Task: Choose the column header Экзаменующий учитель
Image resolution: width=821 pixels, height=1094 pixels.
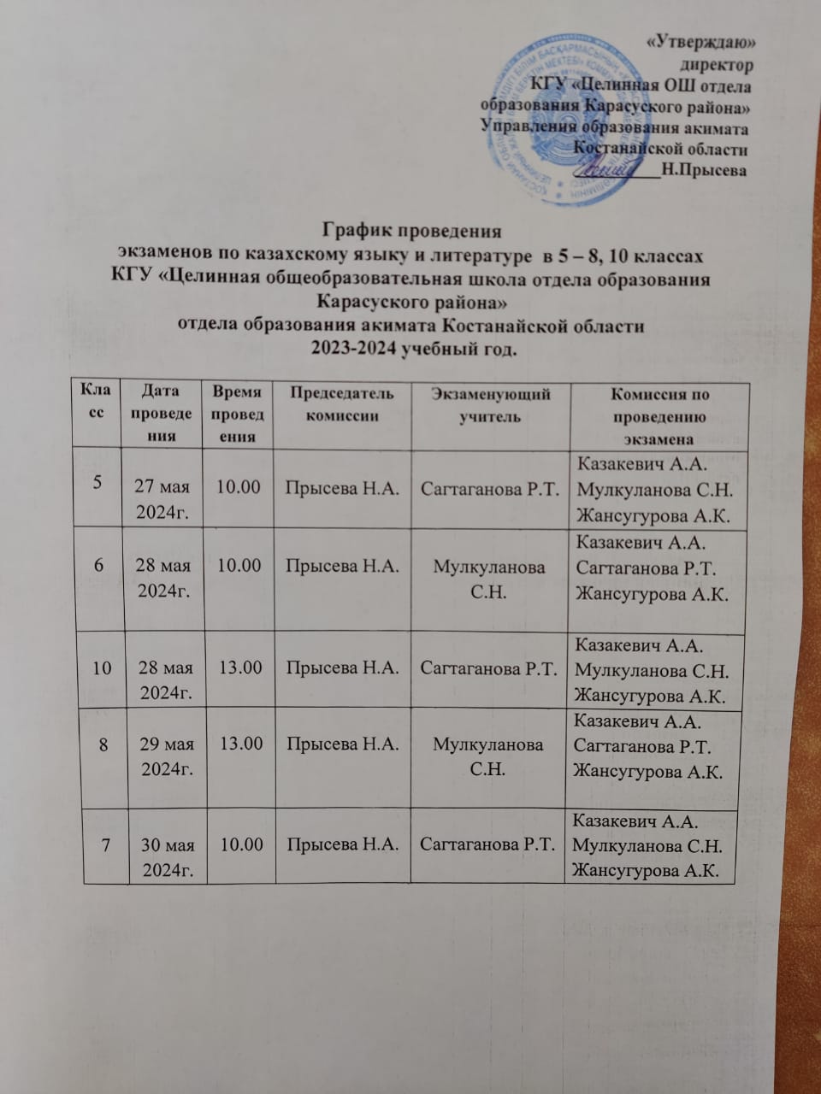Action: tap(488, 404)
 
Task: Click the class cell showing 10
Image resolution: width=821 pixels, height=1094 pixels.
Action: tap(101, 668)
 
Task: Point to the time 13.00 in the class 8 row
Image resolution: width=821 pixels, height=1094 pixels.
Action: tap(241, 744)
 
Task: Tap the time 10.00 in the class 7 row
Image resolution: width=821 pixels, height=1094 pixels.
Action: tap(241, 844)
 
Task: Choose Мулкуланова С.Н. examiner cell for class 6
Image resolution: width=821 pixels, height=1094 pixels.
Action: tap(488, 580)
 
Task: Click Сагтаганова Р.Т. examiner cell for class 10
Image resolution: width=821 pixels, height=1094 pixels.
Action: tap(488, 668)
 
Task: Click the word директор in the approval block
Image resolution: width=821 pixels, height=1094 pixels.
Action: tap(716, 64)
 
